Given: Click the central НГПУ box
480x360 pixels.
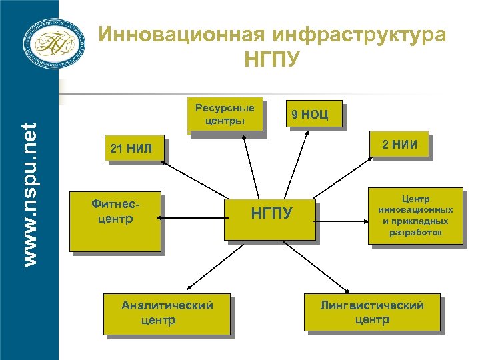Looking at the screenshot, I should click(269, 219).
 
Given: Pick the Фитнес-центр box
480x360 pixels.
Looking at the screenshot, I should click(115, 223).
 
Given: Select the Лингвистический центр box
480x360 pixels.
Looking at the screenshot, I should click(371, 311).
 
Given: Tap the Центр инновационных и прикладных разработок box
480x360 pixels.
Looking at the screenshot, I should click(415, 215).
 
